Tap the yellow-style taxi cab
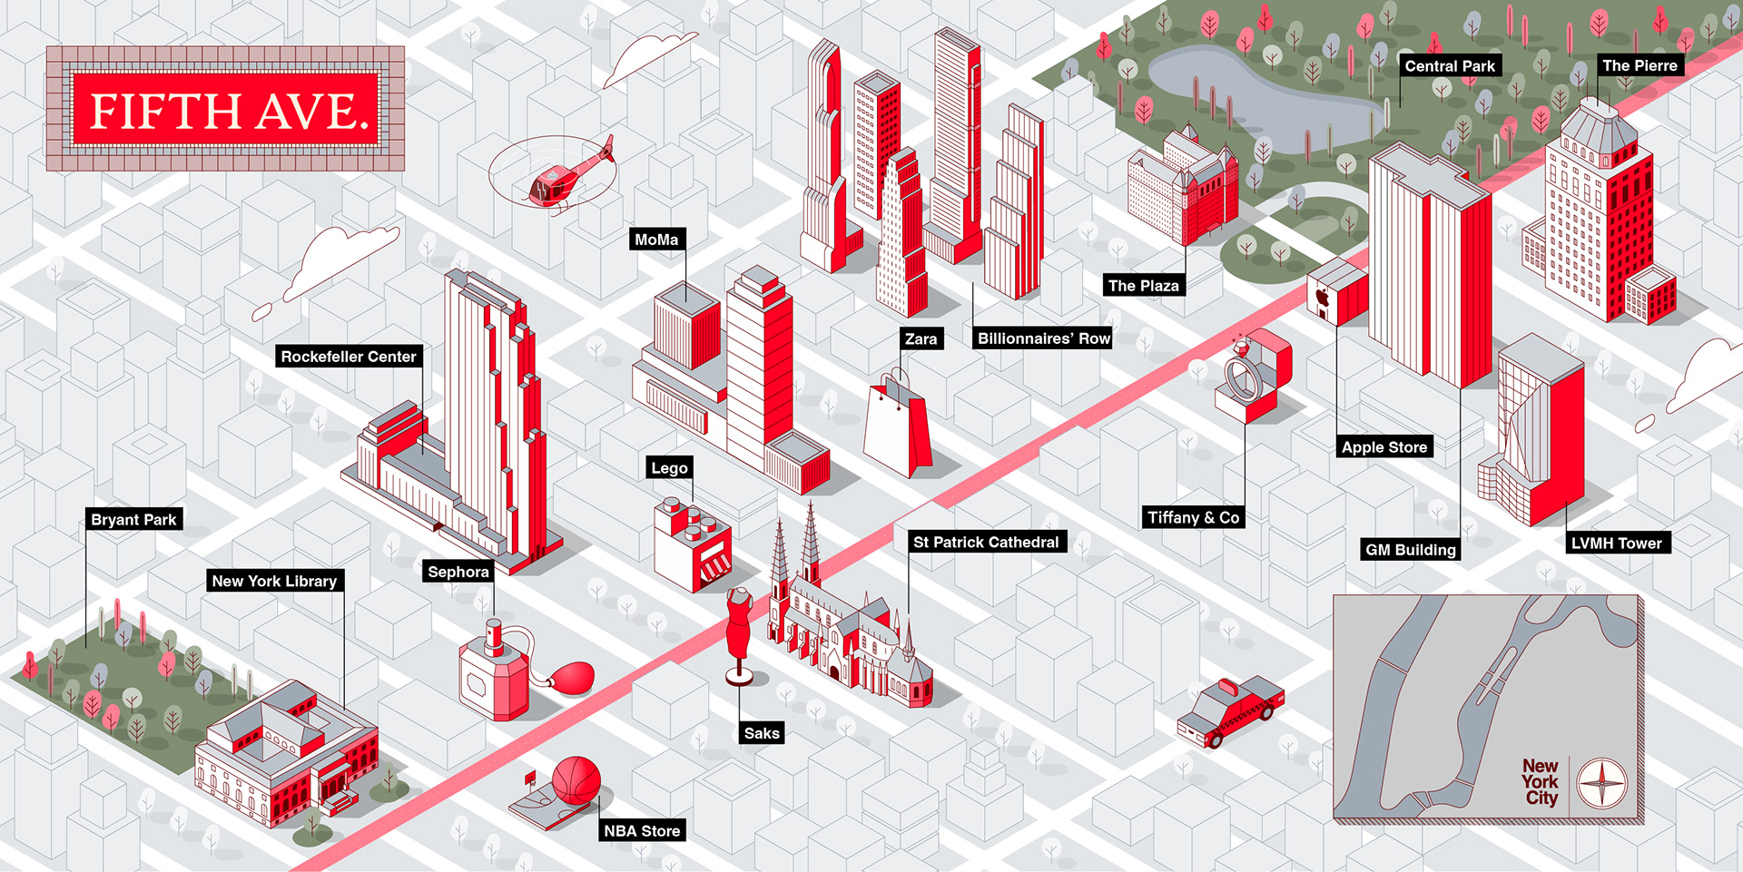1230,711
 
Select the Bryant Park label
133,519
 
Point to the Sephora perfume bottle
495,672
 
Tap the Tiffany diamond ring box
1253,377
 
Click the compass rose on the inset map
1601,783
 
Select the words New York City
1541,782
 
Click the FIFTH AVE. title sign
226,110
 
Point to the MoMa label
656,240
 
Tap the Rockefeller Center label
348,357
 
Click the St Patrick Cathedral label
986,542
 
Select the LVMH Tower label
1616,543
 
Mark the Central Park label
1449,65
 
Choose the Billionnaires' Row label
1043,338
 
